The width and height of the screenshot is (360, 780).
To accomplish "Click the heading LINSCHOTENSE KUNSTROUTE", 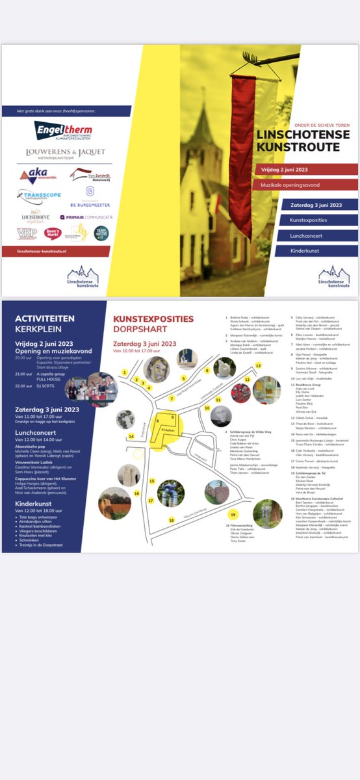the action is pyautogui.click(x=298, y=141).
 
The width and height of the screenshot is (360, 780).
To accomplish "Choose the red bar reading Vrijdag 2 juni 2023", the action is pyautogui.click(x=305, y=170).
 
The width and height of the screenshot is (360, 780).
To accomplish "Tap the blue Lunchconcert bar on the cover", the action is pyautogui.click(x=315, y=236).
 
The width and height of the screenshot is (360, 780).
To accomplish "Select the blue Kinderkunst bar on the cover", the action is pyautogui.click(x=315, y=251).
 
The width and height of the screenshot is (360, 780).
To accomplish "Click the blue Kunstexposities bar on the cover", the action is pyautogui.click(x=315, y=220).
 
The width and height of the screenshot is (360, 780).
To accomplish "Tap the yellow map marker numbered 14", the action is pyautogui.click(x=131, y=436).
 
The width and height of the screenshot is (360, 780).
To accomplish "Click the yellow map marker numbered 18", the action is pyautogui.click(x=172, y=520).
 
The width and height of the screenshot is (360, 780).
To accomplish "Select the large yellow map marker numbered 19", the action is pyautogui.click(x=232, y=515).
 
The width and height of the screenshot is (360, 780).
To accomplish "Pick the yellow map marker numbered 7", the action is pyautogui.click(x=172, y=398).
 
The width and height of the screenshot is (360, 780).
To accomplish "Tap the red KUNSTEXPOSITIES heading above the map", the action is pyautogui.click(x=153, y=318).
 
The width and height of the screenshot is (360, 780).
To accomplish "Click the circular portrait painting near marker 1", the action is pyautogui.click(x=156, y=369).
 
